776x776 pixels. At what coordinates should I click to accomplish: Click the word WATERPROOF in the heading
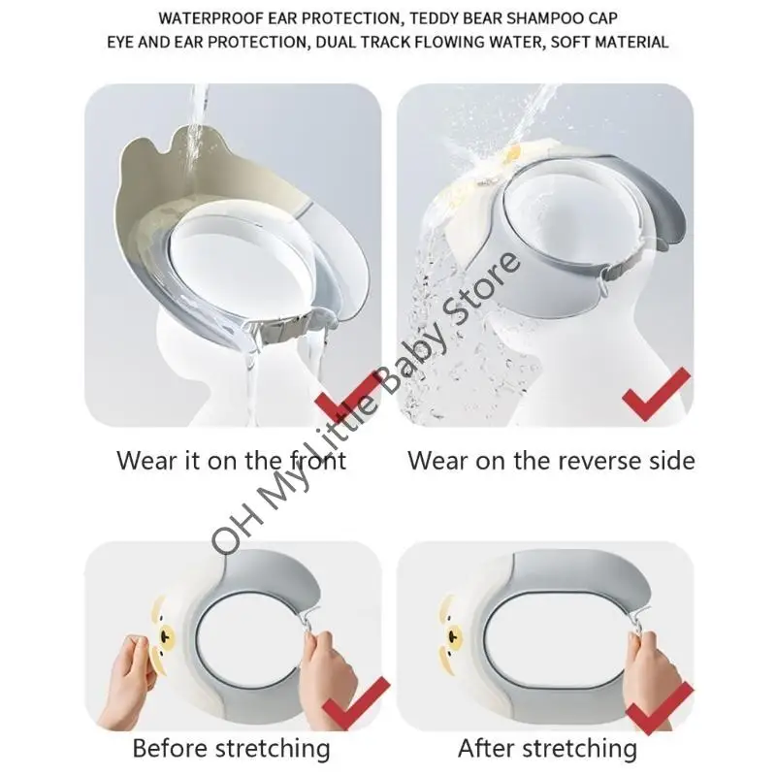pos(211,18)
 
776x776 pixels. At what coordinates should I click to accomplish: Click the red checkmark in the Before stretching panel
pos(355,701)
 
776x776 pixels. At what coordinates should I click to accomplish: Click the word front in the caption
pos(317,460)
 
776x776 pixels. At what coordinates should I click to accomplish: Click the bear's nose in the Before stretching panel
pos(166,633)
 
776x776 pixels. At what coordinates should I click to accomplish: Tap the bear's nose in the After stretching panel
pos(451,635)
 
